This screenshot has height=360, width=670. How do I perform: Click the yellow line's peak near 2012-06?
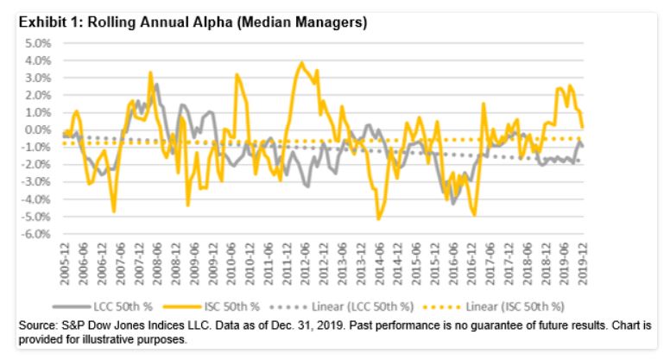[x=301, y=63]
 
